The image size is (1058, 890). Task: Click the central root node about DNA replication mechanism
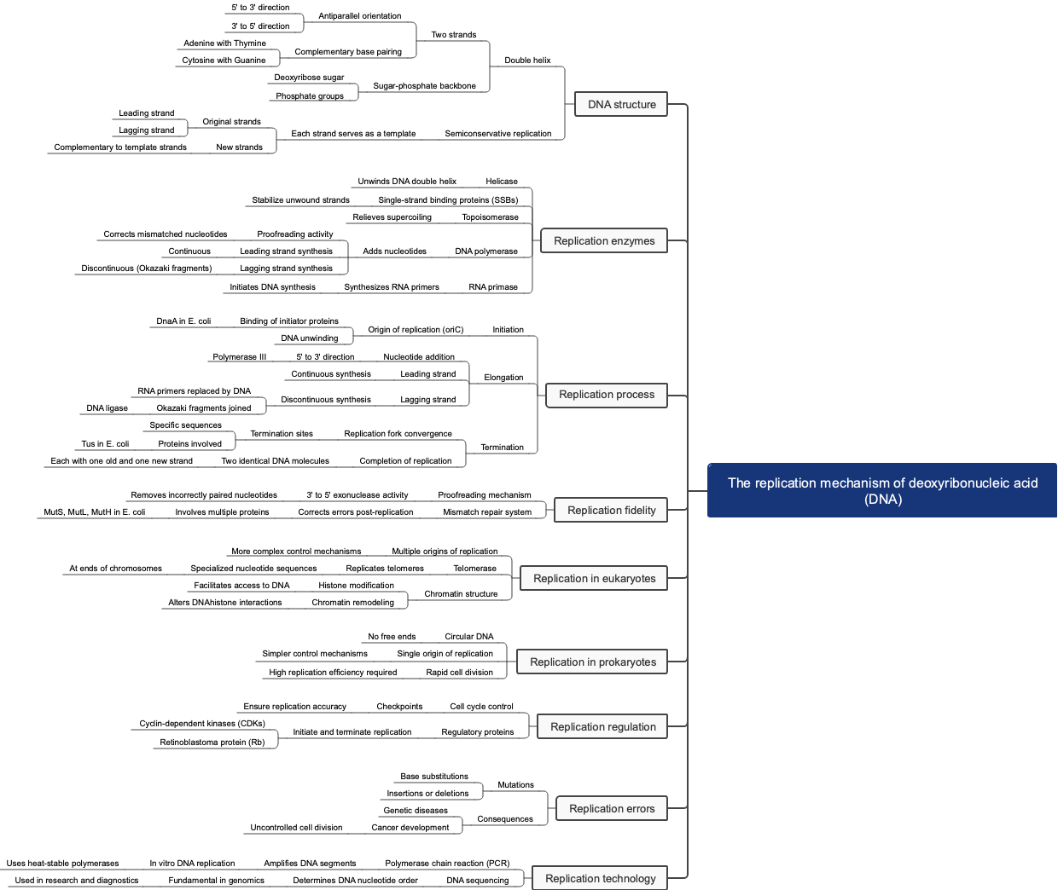coord(882,490)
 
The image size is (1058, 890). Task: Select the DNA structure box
coord(621,105)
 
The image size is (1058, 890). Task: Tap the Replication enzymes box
coord(604,241)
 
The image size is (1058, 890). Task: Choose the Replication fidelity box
coord(611,511)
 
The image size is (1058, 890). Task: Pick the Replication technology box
coord(600,879)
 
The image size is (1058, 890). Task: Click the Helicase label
coord(502,182)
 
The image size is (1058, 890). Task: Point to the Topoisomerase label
coord(490,217)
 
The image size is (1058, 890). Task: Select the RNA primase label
coord(492,287)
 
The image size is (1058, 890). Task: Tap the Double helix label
coord(527,61)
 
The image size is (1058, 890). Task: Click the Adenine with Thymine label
coord(224,43)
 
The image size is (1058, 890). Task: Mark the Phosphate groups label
coord(309,96)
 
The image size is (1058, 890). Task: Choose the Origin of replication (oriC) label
coord(416,330)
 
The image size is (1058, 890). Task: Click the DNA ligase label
coord(107,408)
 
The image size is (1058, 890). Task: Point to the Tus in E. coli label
coord(105,444)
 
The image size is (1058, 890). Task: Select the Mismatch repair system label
coord(486,512)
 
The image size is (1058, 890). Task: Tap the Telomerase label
coord(474,569)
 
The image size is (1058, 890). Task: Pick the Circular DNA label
coord(468,637)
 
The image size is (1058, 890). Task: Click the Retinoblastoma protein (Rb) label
coord(212,743)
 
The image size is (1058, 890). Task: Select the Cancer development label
coord(410,828)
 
